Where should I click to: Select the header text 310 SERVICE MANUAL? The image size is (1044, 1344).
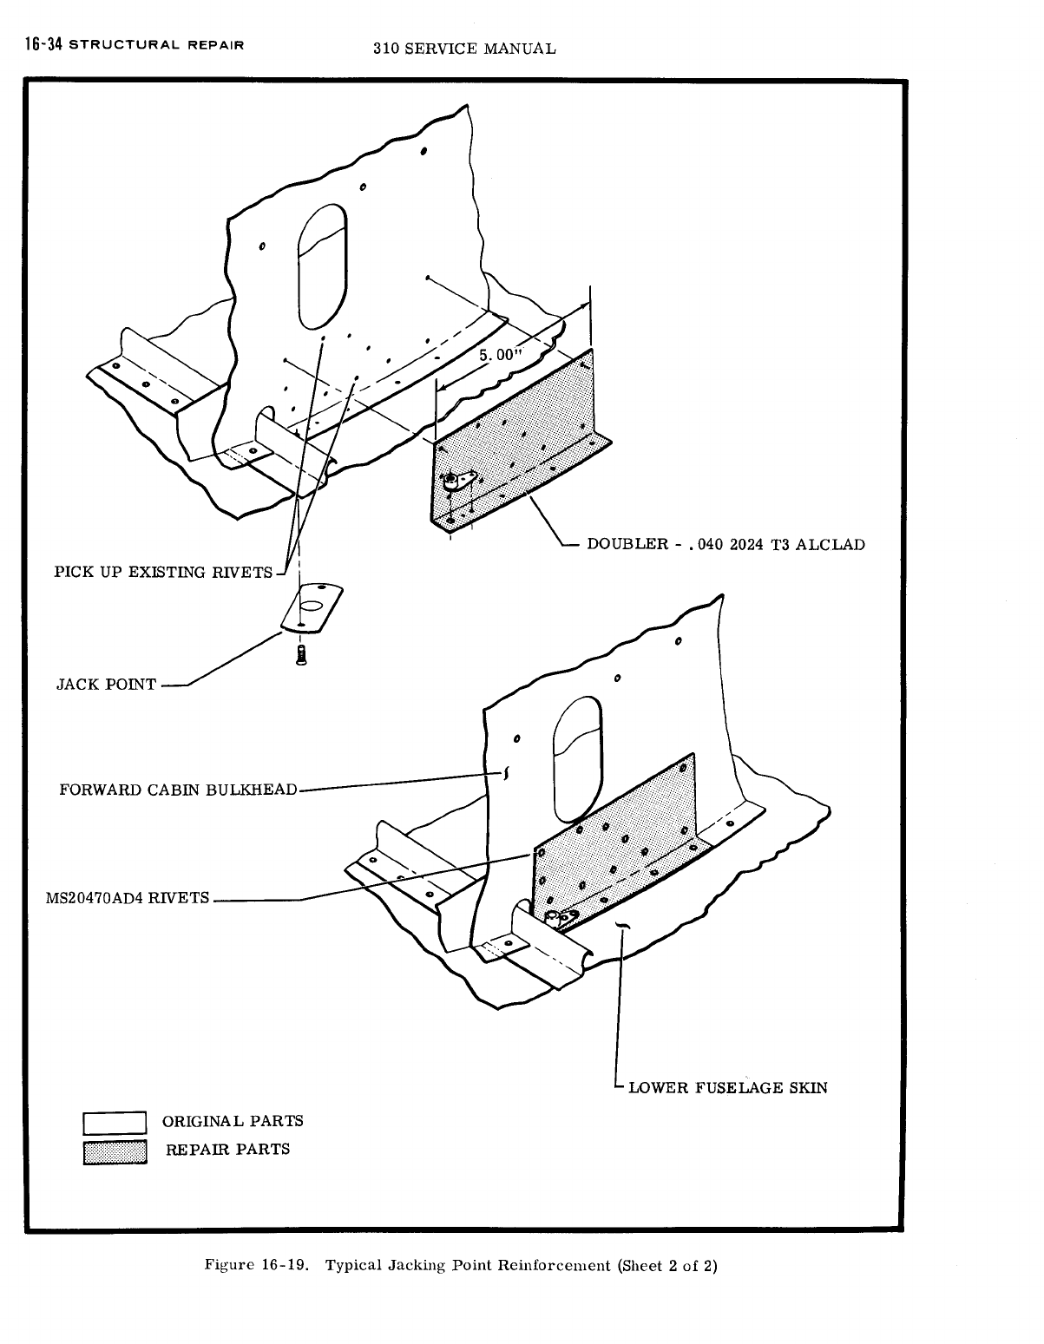[x=463, y=49]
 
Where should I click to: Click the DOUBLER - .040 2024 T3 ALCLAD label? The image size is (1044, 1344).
[x=726, y=545]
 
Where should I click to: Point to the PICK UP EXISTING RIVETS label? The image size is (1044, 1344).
[x=163, y=573]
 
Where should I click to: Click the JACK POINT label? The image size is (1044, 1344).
[x=106, y=685]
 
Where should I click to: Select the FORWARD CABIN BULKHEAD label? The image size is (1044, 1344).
[x=178, y=790]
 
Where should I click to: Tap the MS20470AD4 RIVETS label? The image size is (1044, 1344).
[x=127, y=898]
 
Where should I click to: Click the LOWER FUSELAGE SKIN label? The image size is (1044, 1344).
[x=727, y=1087]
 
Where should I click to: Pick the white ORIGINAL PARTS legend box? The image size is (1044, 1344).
[x=115, y=1123]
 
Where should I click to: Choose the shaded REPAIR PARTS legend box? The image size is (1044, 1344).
[x=115, y=1151]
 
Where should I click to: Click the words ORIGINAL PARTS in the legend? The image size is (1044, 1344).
[x=233, y=1121]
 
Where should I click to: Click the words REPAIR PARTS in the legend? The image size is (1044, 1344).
[x=227, y=1150]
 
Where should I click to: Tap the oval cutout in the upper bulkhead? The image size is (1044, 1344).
[x=322, y=266]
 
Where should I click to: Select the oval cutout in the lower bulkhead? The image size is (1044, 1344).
[x=577, y=757]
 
